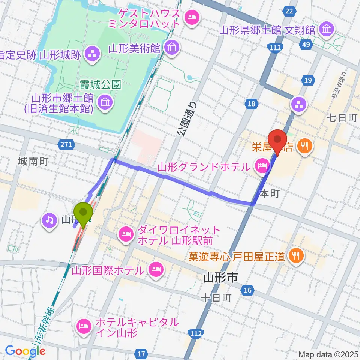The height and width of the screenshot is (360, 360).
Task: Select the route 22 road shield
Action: tap(288, 12)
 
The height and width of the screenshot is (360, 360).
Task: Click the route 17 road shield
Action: tap(141, 353)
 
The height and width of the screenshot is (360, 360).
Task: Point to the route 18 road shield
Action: tap(251, 103)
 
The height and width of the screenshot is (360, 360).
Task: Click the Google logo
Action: tap(25, 351)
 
